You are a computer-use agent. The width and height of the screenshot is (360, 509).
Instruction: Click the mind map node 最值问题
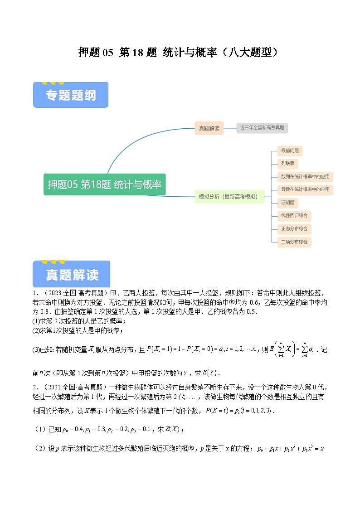[290, 151]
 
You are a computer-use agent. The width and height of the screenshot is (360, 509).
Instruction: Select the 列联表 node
[289, 164]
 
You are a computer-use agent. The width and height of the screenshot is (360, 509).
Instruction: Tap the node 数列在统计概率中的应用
[305, 176]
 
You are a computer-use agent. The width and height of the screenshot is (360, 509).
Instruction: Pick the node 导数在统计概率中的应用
[305, 189]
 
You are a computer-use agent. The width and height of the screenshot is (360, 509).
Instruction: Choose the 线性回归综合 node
[294, 216]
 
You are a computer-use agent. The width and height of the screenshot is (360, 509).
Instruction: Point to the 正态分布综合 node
[294, 229]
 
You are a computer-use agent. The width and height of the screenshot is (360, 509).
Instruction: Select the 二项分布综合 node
[294, 242]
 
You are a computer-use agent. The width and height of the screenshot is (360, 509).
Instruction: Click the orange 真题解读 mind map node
[209, 128]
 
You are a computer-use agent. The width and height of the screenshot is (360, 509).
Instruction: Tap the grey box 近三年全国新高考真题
[262, 128]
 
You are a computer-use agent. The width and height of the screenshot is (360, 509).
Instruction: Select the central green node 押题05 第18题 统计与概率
[105, 184]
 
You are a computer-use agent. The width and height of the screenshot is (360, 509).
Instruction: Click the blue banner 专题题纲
[71, 95]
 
